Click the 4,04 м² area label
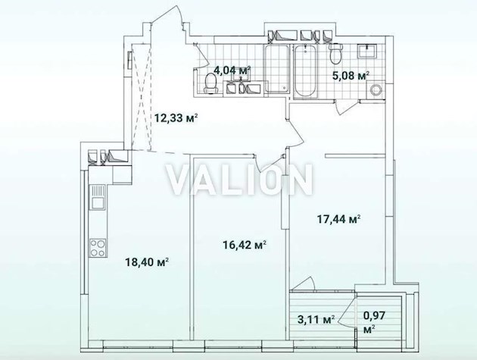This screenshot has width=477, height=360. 232,70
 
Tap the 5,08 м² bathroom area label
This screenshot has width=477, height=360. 351,75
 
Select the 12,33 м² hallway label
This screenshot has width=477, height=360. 176,117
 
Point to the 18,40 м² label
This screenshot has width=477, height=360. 147,261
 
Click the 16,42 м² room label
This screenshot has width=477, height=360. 245,245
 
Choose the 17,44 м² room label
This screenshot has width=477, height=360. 339,219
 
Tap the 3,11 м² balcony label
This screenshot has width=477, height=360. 316,320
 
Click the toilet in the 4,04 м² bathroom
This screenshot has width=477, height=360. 210,84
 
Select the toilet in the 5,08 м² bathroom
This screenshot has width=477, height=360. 336,54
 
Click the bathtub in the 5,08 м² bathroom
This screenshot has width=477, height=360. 305,72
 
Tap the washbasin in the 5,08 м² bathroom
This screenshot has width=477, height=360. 367,51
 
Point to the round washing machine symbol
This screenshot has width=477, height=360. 376,89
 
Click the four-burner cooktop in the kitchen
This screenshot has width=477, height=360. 98,248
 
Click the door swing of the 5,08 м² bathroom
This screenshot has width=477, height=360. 346,108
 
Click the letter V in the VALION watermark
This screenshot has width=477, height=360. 182,180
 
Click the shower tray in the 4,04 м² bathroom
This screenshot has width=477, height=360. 276,69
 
